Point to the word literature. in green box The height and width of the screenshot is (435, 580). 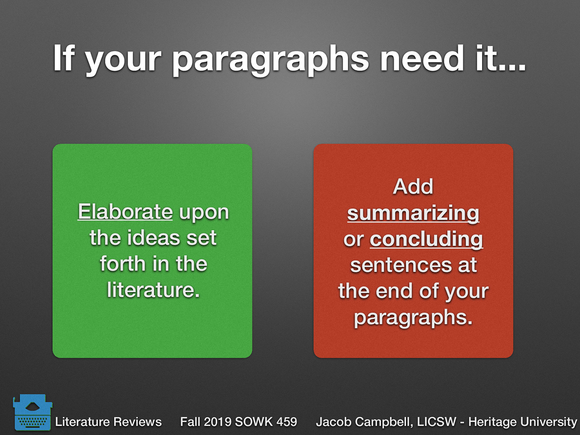pyautogui.click(x=153, y=290)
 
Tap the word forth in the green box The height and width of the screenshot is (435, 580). pyautogui.click(x=122, y=264)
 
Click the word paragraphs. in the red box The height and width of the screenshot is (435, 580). pyautogui.click(x=413, y=318)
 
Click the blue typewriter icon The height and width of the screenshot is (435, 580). pyautogui.click(x=32, y=412)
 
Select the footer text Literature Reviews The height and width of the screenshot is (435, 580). pyautogui.click(x=108, y=422)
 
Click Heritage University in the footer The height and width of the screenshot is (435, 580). pyautogui.click(x=522, y=422)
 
